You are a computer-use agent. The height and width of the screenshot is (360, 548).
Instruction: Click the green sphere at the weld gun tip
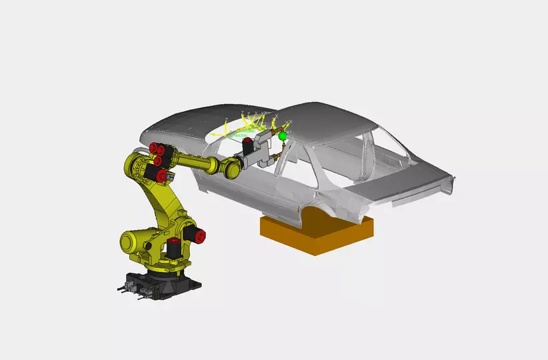[x=283, y=136]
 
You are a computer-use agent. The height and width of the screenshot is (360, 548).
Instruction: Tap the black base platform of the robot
[x=160, y=283]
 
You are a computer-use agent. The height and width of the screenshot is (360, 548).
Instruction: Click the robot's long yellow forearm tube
[x=197, y=161]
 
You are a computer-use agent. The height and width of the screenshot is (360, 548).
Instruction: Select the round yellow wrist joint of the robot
[x=231, y=167]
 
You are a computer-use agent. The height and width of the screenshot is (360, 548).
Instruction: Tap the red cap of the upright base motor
[x=174, y=241]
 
